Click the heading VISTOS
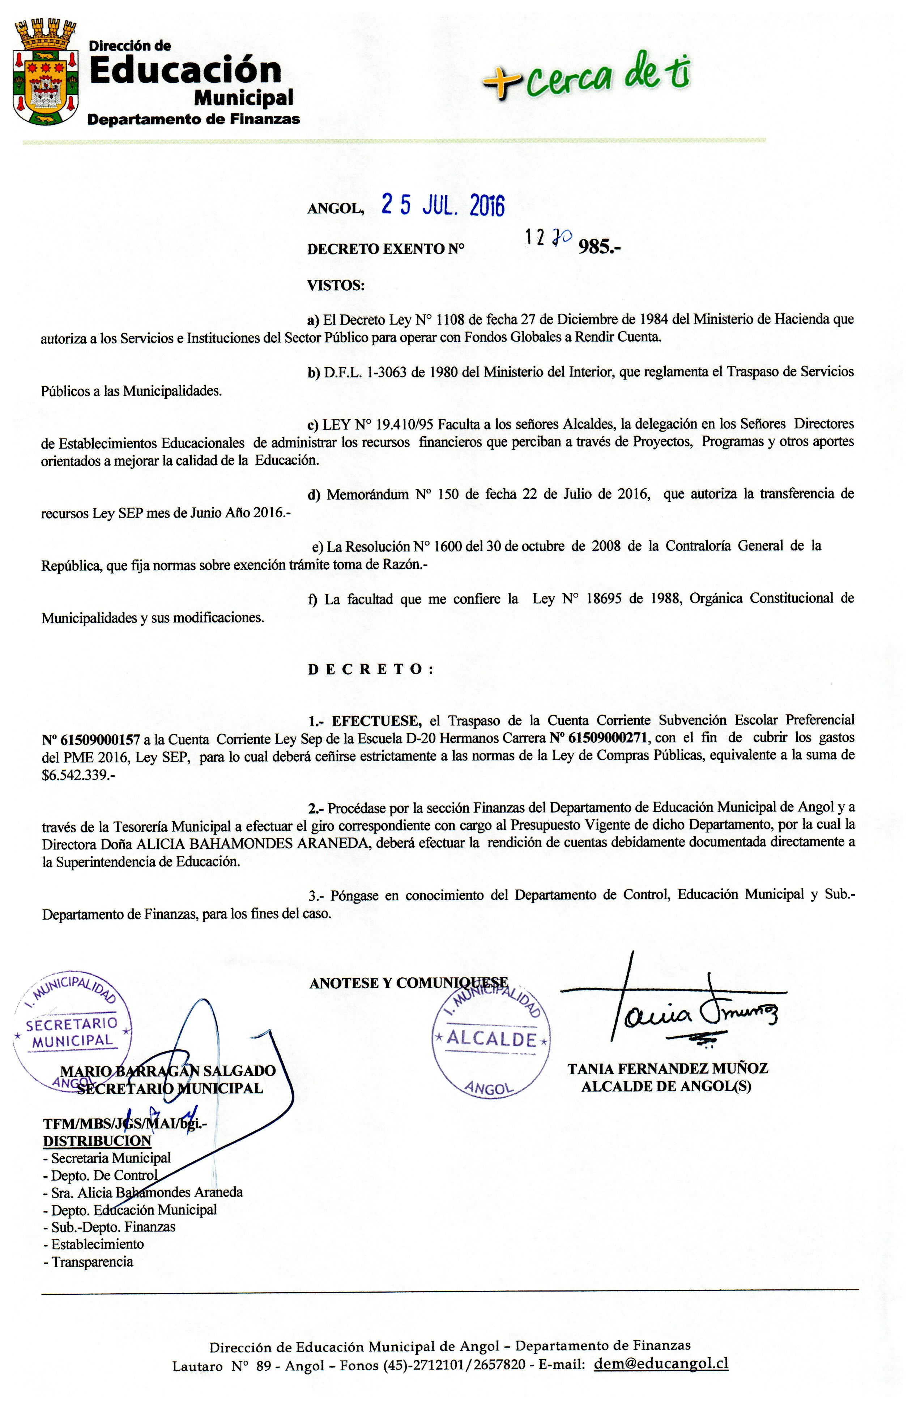pyautogui.click(x=336, y=285)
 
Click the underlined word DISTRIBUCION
pyautogui.click(x=97, y=1141)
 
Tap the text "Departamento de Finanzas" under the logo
pyautogui.click(x=193, y=119)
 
